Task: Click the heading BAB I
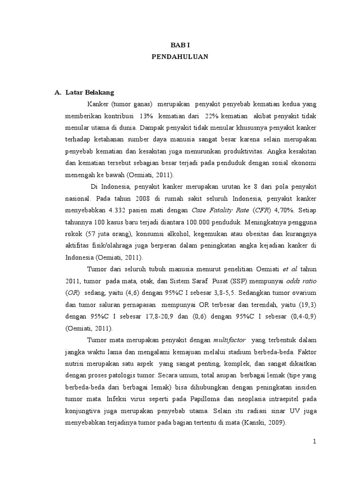pos(180,45)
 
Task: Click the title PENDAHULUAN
pos(180,57)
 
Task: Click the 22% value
pos(213,116)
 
